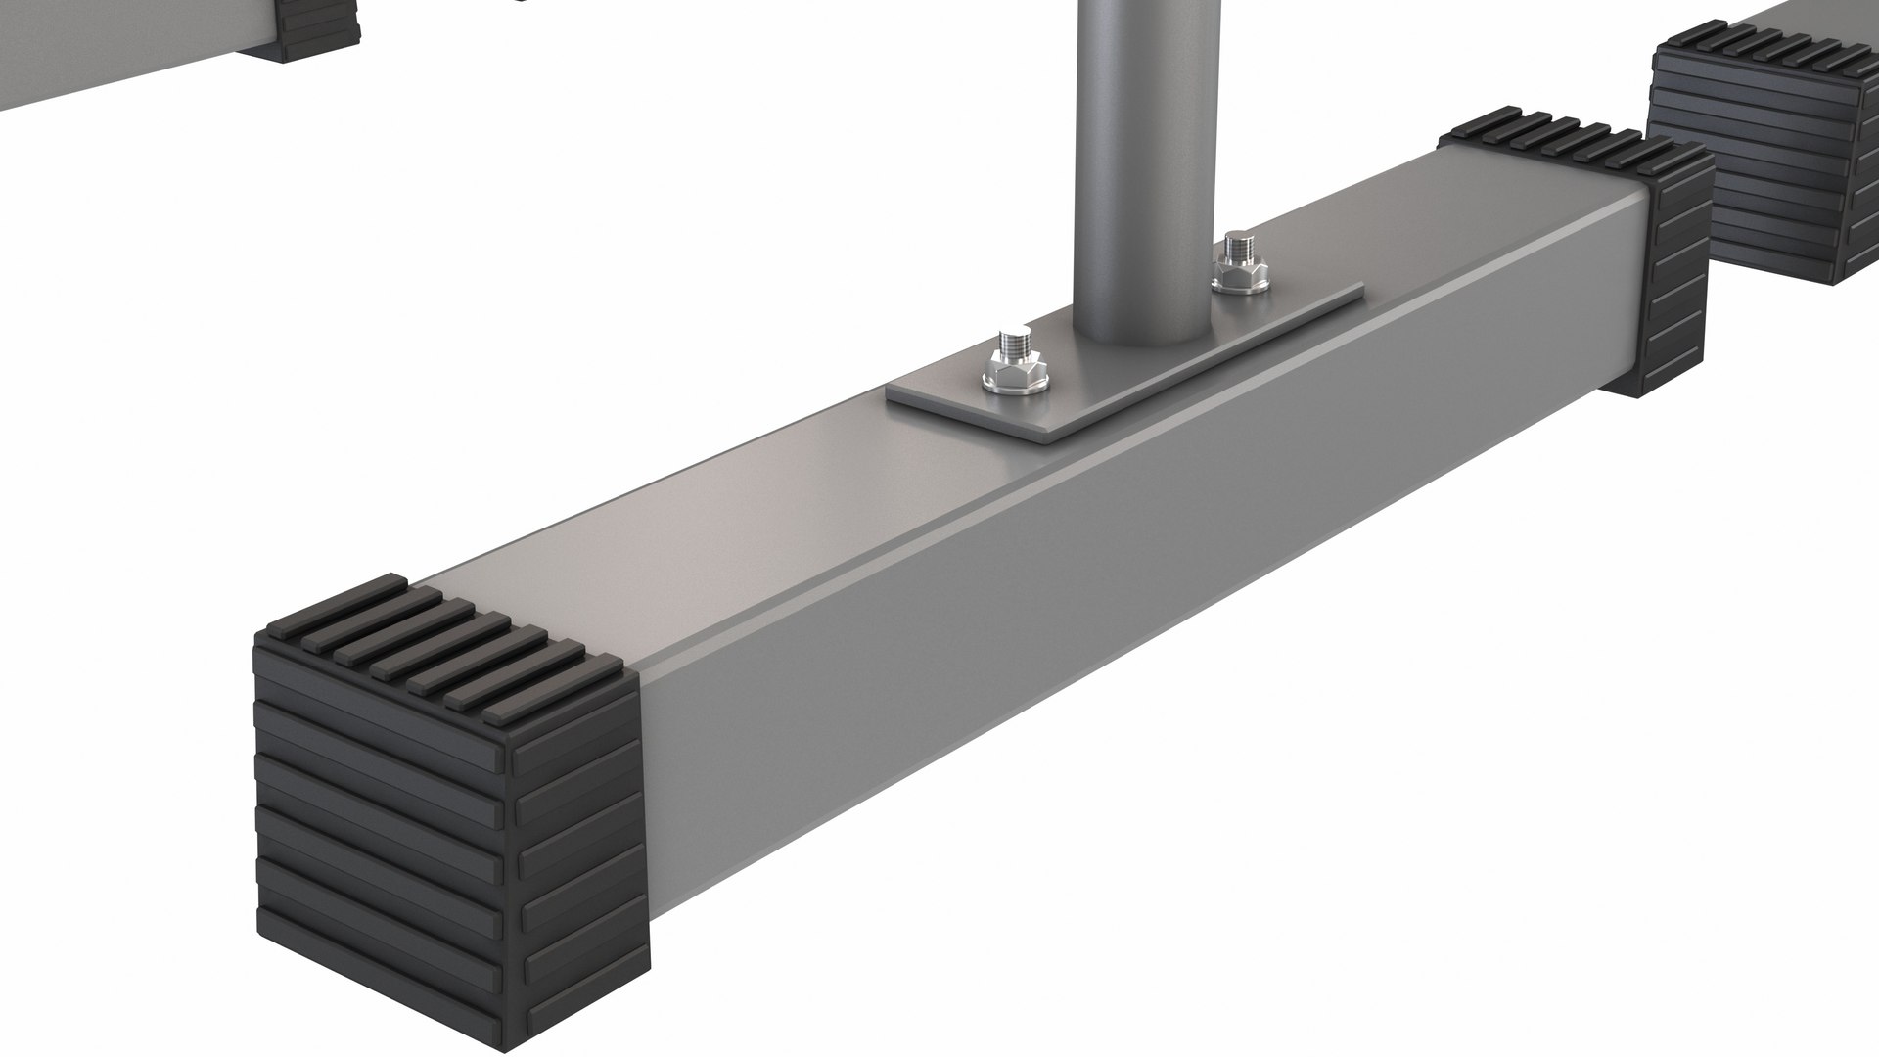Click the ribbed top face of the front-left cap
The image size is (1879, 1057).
pyautogui.click(x=440, y=646)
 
